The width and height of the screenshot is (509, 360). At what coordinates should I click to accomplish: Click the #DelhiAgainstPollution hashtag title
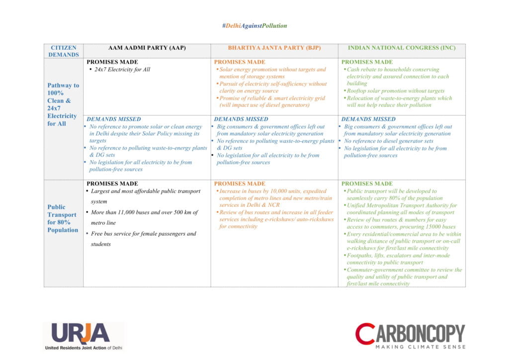click(x=254, y=26)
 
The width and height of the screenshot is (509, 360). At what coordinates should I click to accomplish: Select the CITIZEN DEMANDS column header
click(x=64, y=51)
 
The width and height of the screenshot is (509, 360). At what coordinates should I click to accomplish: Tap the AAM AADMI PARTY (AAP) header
click(x=147, y=48)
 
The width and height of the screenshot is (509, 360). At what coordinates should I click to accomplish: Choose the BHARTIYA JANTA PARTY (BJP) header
click(x=274, y=48)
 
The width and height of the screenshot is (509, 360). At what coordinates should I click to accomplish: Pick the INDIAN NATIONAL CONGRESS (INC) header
click(x=402, y=48)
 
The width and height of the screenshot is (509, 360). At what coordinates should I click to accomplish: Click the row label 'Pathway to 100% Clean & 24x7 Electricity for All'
click(x=63, y=104)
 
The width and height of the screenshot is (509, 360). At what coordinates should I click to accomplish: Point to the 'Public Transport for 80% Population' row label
click(x=63, y=218)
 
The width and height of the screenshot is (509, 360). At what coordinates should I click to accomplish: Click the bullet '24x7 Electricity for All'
click(x=122, y=70)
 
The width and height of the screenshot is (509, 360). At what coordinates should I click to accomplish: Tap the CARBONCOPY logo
click(x=410, y=332)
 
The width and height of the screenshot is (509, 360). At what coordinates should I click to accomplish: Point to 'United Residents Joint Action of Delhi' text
click(x=84, y=348)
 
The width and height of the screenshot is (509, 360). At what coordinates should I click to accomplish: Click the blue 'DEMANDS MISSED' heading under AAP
click(x=114, y=119)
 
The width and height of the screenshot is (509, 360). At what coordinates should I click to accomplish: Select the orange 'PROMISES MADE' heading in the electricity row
click(x=240, y=62)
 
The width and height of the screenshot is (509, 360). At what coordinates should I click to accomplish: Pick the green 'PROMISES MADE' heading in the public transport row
click(x=367, y=184)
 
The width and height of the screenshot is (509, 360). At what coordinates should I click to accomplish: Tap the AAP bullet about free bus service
click(x=143, y=239)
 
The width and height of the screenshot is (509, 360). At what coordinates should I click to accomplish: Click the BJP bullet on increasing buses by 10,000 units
click(x=272, y=198)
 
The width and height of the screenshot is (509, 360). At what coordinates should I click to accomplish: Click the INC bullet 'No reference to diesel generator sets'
click(x=389, y=141)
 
